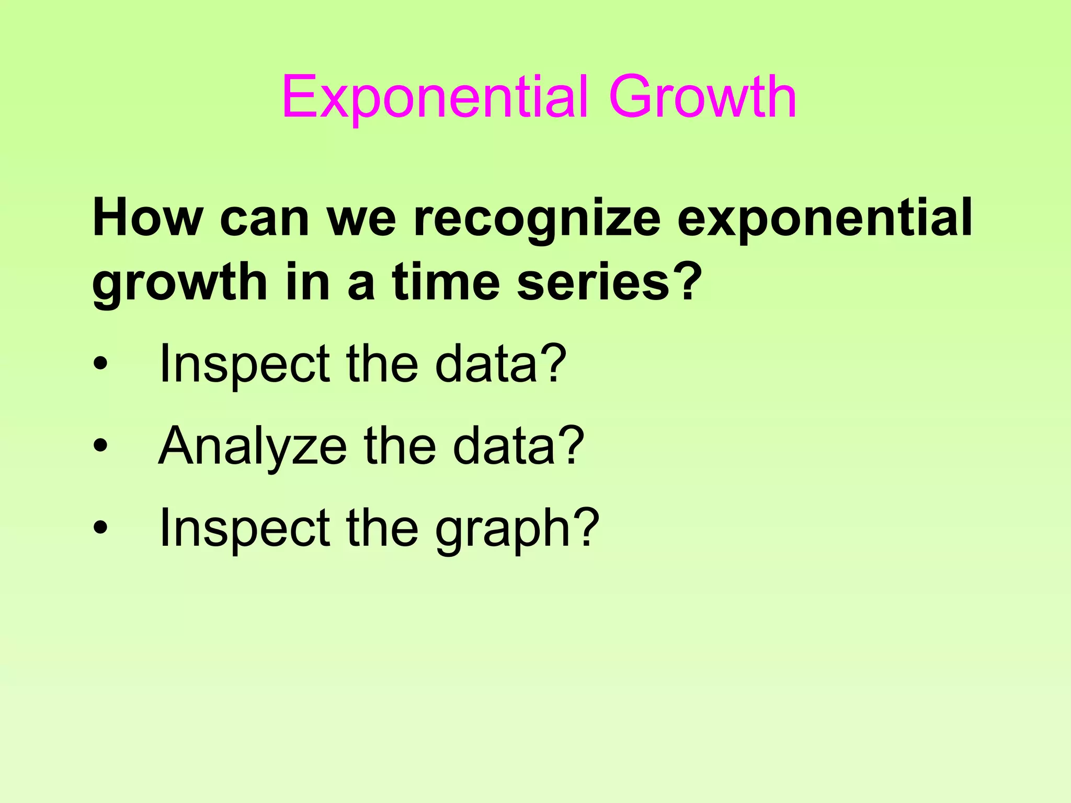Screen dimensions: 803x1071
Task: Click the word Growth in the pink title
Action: click(702, 97)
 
